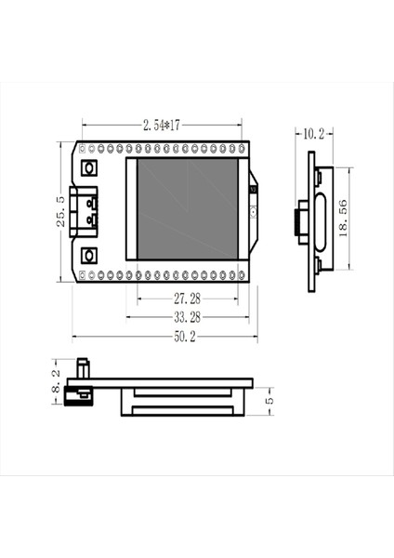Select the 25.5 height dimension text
tap(60, 211)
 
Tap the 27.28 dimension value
tap(186, 299)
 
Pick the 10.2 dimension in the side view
tap(313, 134)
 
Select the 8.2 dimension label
tap(55, 380)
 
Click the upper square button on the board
tap(90, 168)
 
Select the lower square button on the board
tap(90, 255)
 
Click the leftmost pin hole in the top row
tap(81, 147)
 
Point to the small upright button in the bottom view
tap(80, 368)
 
